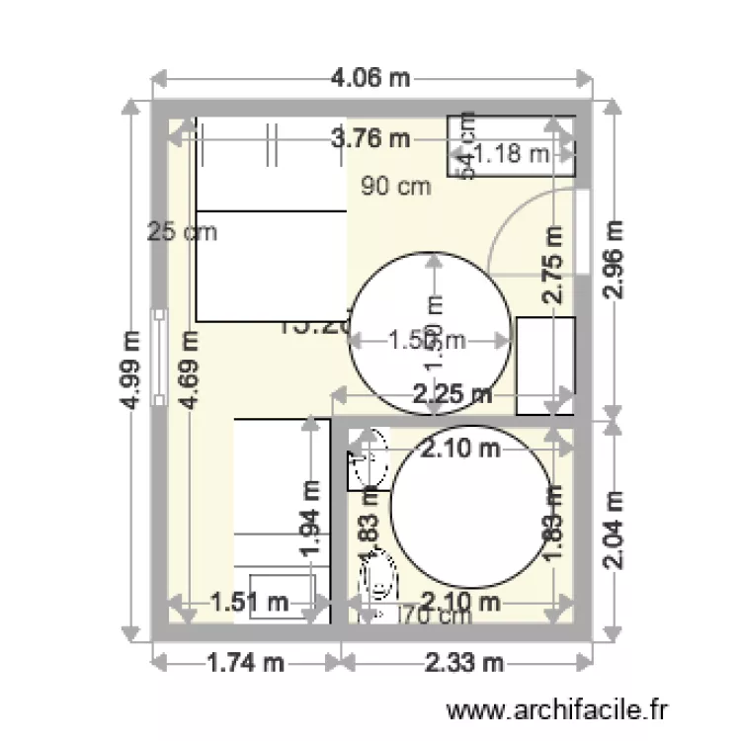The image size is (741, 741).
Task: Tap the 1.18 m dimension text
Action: click(x=511, y=153)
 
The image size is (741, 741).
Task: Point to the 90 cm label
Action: click(x=395, y=186)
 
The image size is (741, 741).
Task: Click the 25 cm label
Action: click(x=182, y=232)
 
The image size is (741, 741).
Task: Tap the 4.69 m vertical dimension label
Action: click(x=190, y=369)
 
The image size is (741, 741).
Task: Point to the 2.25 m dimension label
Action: click(x=453, y=395)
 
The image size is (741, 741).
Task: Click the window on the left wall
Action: click(x=159, y=358)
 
